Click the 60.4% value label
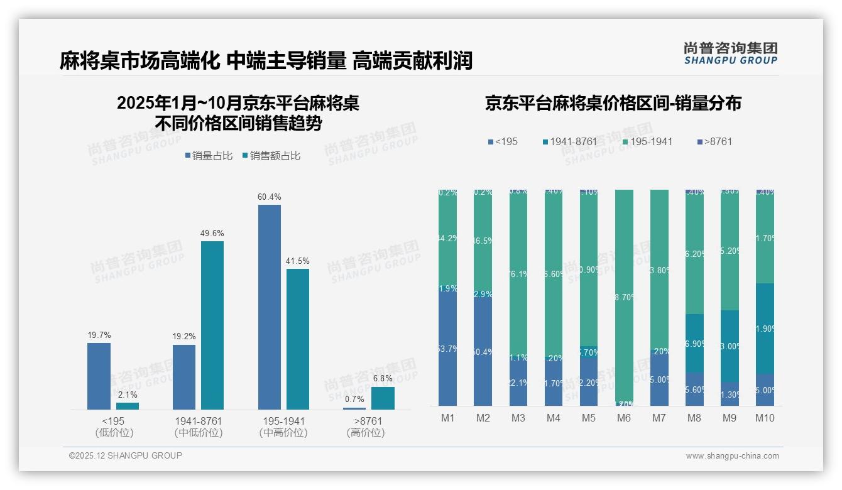click(270, 197)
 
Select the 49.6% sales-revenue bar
click(212, 325)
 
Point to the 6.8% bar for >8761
click(383, 398)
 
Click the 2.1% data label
click(128, 395)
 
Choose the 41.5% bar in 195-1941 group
click(298, 339)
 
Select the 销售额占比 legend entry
click(271, 156)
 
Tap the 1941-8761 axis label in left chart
click(199, 421)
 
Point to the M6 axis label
click(624, 418)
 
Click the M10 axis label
click(765, 418)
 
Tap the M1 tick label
click(448, 418)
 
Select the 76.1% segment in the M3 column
click(518, 273)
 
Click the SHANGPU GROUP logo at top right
click(730, 53)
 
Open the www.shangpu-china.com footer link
click(732, 456)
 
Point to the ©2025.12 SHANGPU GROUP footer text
click(126, 455)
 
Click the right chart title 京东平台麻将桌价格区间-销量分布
click(613, 104)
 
